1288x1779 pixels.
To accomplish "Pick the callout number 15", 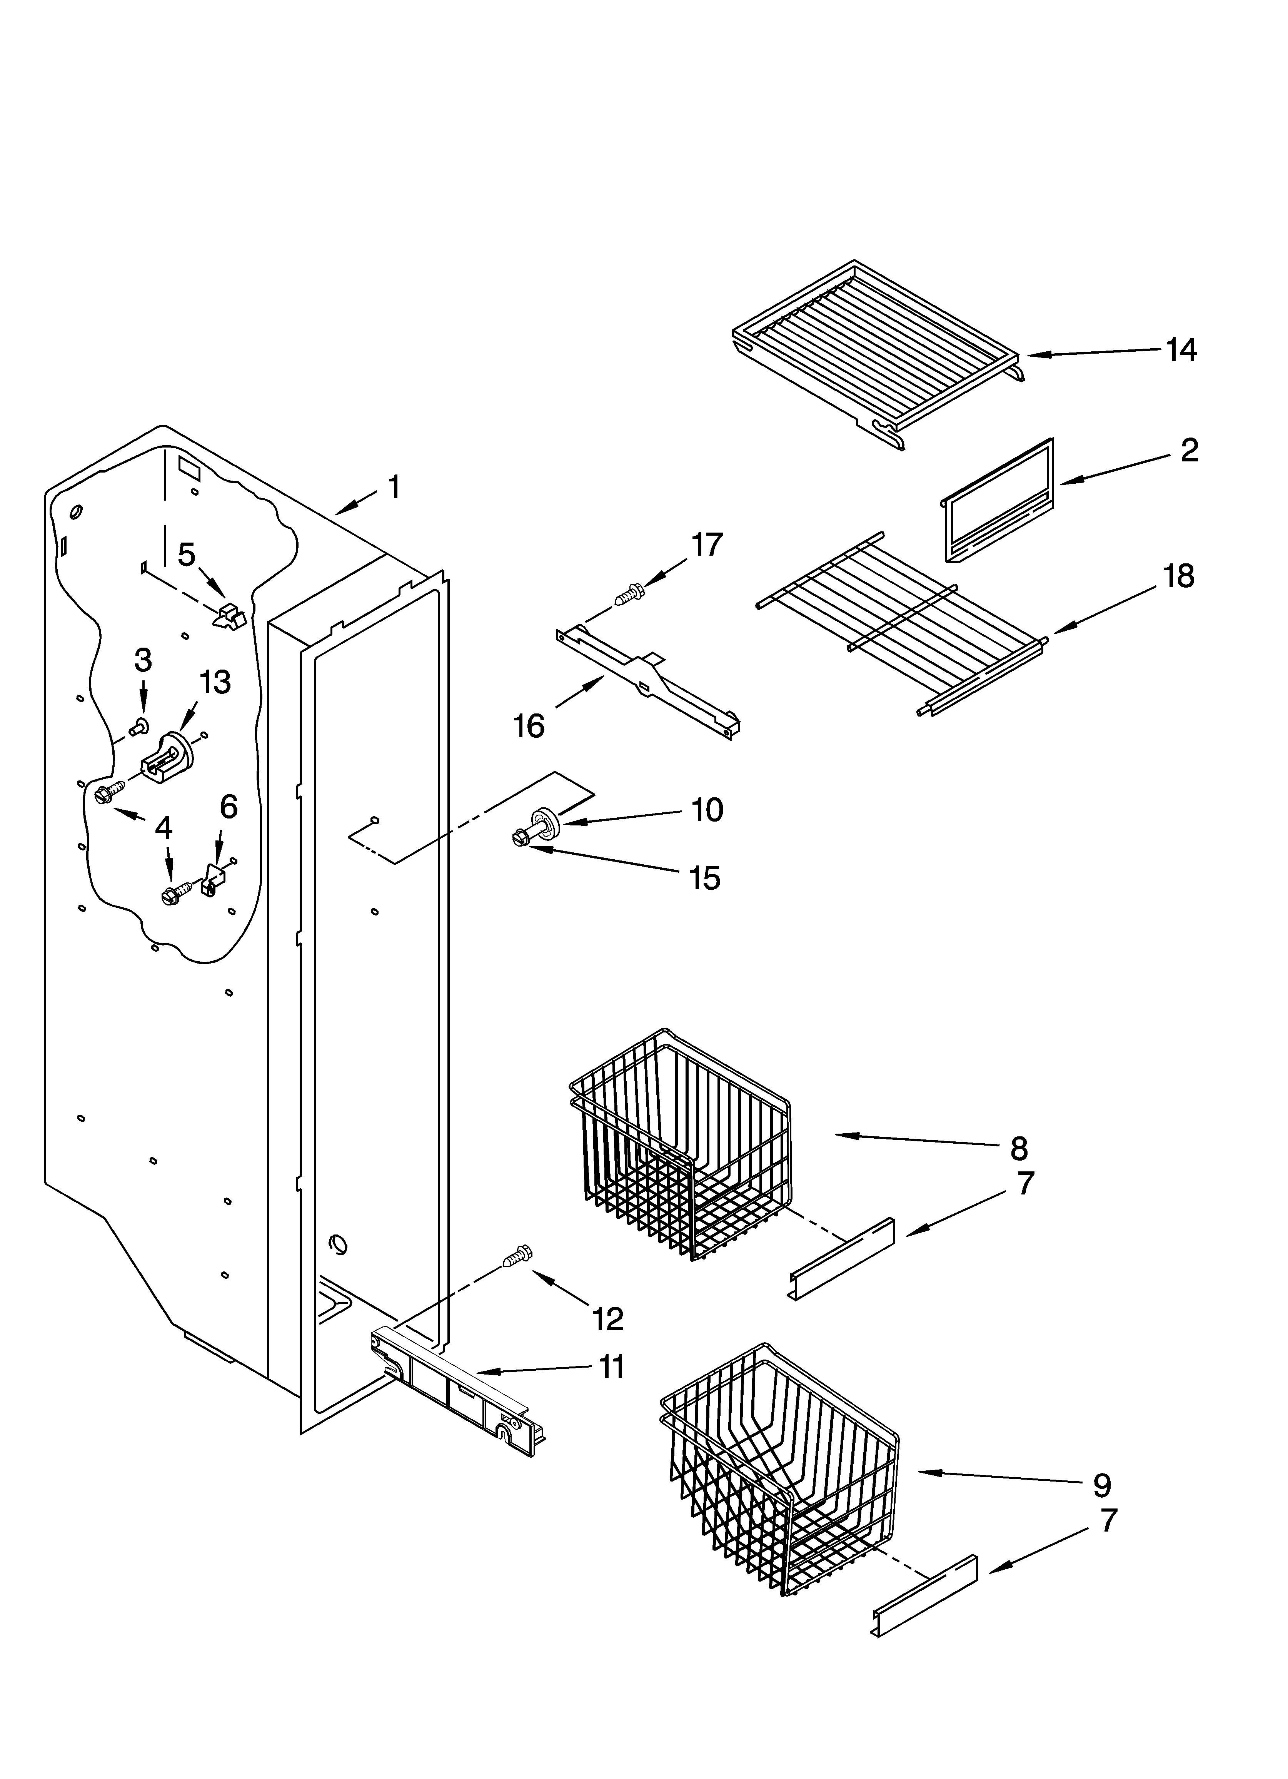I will click(704, 878).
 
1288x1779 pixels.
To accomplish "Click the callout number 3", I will click(143, 660).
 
